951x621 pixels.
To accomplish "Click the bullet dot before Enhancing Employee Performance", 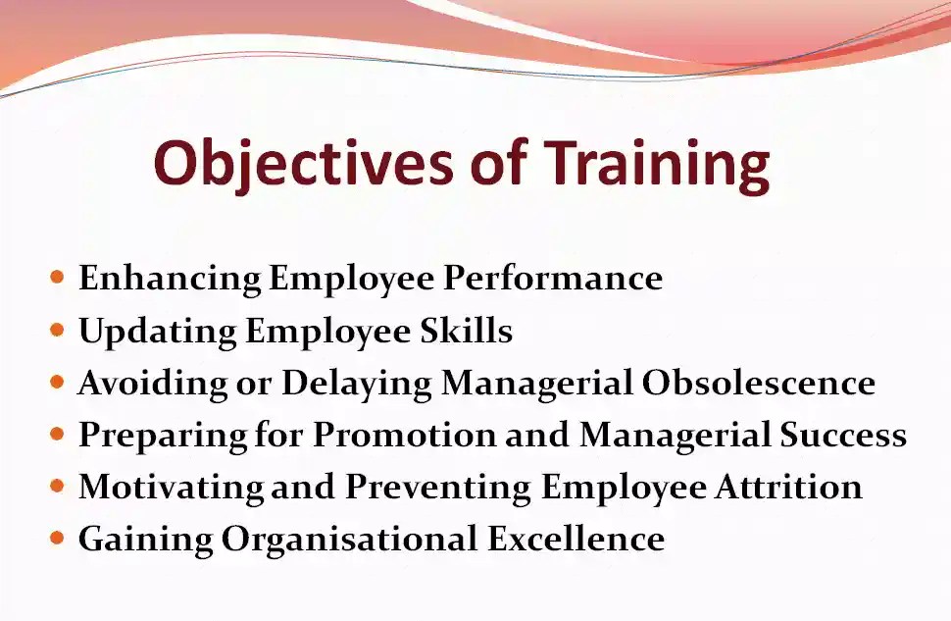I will click(57, 278).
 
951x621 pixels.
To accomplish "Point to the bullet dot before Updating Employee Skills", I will click(57, 330).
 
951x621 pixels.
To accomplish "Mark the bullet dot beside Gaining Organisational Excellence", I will click(57, 538).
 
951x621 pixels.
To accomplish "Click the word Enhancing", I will click(170, 279).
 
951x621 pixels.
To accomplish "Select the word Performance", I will click(553, 279).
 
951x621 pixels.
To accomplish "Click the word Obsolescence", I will click(758, 383).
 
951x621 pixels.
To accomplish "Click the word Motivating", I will click(171, 487).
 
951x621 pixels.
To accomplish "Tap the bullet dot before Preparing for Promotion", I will click(57, 434).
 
